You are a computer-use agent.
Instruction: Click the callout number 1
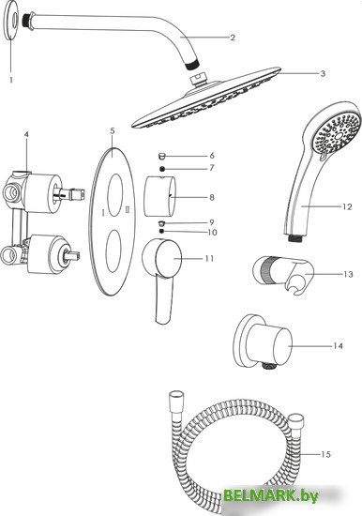11,80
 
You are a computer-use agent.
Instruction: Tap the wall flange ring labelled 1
13,21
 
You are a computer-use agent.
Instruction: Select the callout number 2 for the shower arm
233,38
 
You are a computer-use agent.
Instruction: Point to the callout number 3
323,73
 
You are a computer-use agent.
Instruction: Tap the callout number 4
26,134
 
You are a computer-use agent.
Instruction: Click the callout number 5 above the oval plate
113,131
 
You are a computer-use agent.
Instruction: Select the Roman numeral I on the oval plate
103,213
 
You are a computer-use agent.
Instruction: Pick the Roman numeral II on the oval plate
128,209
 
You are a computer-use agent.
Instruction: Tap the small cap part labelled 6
161,155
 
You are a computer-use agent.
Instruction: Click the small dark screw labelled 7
162,169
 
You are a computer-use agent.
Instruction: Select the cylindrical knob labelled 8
159,197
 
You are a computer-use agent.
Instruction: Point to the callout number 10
213,233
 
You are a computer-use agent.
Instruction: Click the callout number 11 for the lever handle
209,259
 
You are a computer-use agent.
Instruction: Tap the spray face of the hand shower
336,132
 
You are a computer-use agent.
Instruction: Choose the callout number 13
348,274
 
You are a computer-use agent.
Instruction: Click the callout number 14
338,346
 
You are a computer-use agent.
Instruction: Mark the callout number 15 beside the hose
325,454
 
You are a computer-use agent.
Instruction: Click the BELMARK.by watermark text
271,495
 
